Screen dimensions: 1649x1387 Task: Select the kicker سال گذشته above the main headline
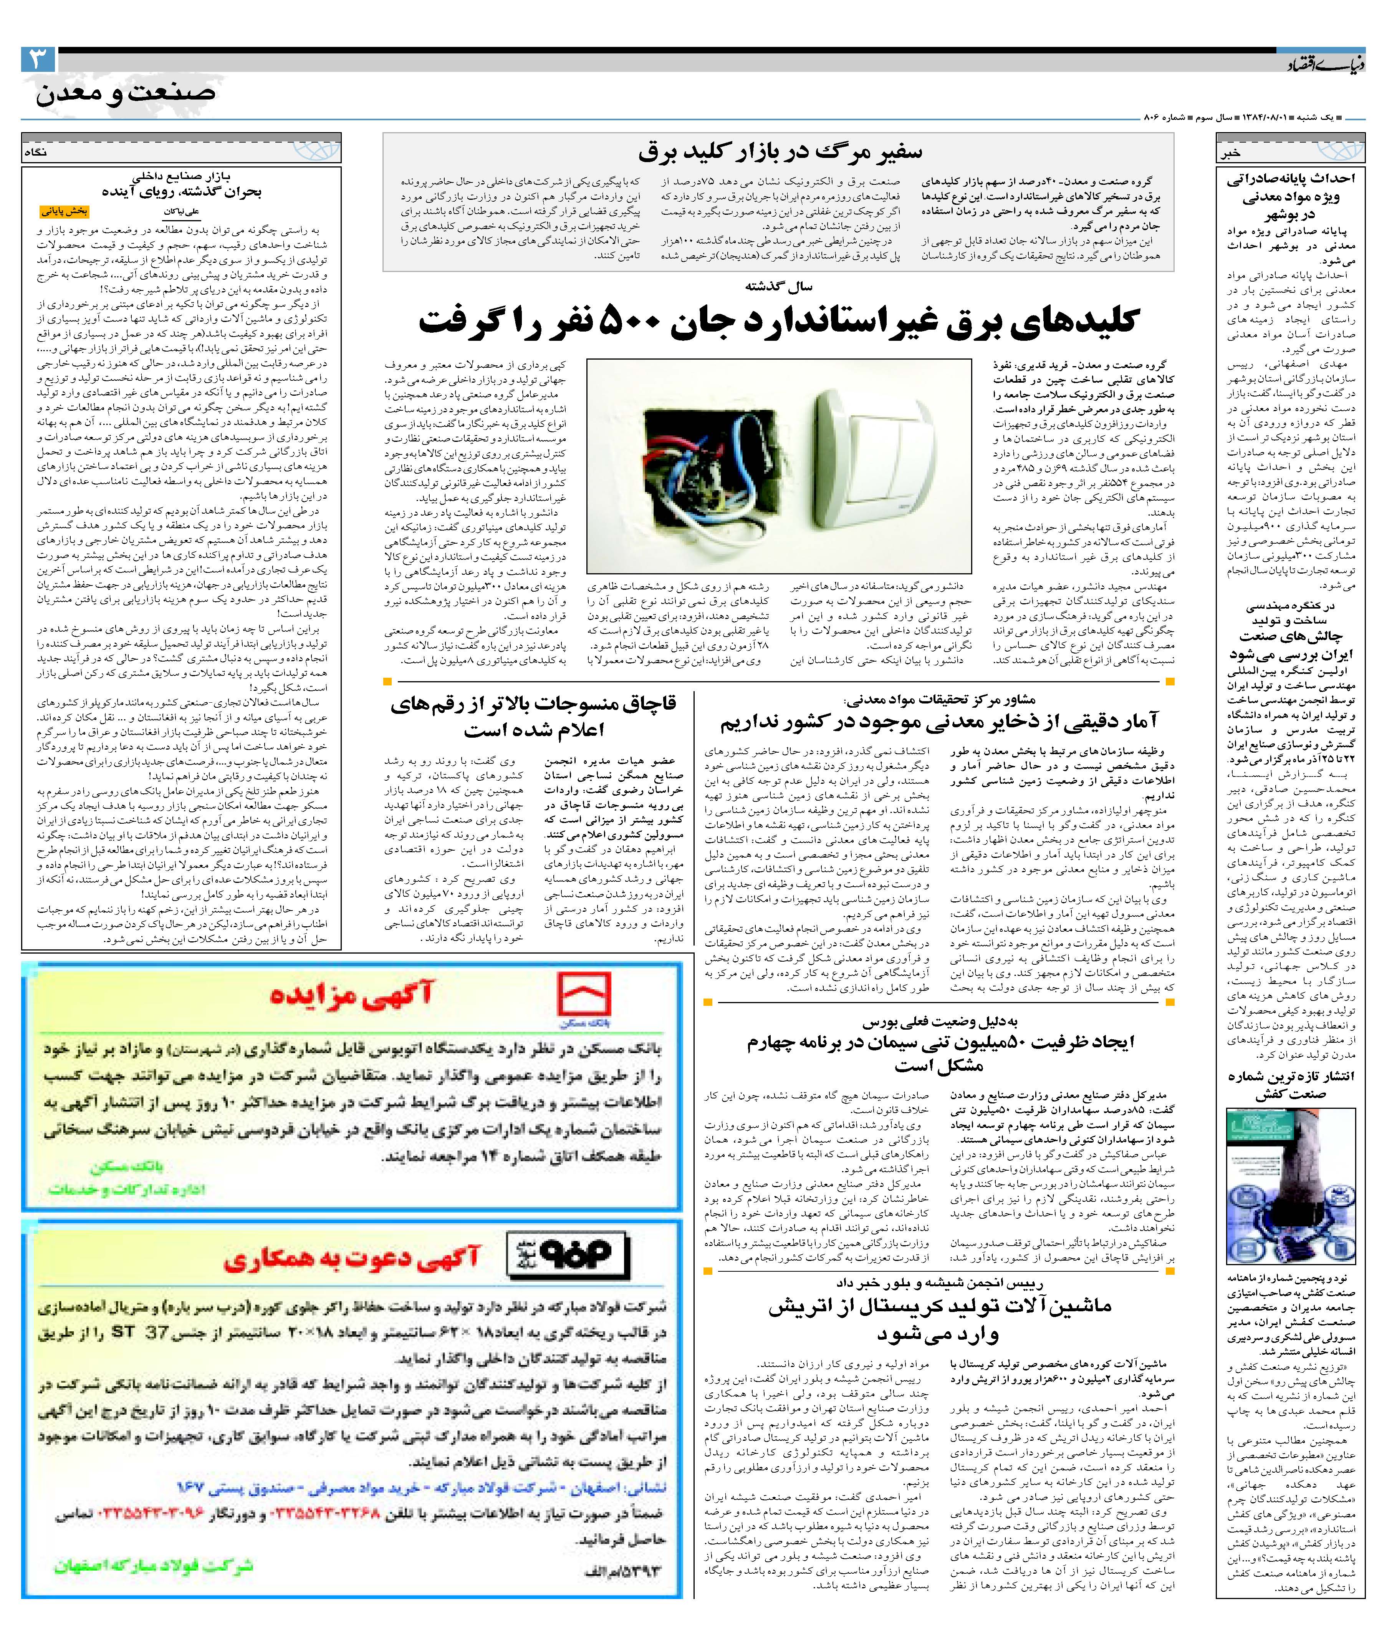pyautogui.click(x=778, y=286)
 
